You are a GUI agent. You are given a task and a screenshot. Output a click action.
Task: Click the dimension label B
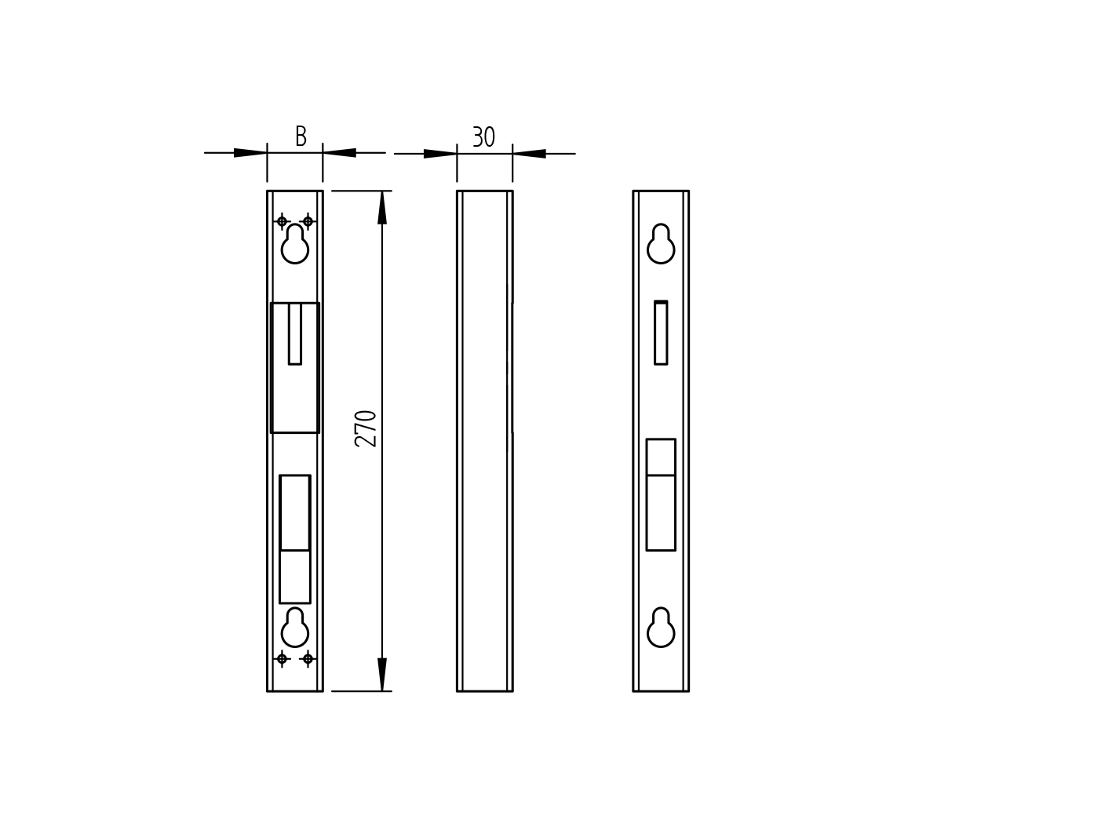pos(301,137)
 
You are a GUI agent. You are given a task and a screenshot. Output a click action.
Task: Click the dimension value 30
pos(483,137)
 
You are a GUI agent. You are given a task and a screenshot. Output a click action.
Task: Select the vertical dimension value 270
pos(366,428)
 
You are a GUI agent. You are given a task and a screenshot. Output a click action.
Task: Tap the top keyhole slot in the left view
pos(295,245)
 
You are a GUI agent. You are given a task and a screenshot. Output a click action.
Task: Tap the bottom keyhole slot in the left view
pos(295,628)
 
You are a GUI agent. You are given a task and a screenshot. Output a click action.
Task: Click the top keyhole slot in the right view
pos(661,245)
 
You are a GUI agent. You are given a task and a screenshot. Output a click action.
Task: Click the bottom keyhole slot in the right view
pos(661,628)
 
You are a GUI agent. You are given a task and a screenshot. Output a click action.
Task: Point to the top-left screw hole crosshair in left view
pos(282,221)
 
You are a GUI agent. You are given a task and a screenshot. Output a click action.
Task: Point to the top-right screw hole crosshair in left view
pos(308,221)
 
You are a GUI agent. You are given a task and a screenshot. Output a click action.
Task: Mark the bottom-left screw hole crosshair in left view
pos(282,658)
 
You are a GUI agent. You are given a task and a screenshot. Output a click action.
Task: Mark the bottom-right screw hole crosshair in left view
pos(308,658)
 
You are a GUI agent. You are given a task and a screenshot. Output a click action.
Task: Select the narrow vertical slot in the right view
pos(661,333)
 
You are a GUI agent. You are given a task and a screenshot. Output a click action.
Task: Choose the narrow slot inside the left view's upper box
pos(295,333)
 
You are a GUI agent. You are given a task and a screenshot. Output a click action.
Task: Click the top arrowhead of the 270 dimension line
pos(382,207)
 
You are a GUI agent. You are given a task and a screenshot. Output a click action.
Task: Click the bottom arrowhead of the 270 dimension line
pos(382,675)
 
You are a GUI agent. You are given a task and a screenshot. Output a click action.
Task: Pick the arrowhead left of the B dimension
pos(250,153)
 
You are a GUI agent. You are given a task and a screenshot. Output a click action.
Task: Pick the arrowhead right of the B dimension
pos(340,153)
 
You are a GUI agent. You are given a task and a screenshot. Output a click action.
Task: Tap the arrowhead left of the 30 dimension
pos(440,153)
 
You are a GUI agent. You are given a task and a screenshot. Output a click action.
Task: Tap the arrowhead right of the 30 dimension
pos(530,153)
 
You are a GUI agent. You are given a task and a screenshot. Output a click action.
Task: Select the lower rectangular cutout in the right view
pos(661,495)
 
